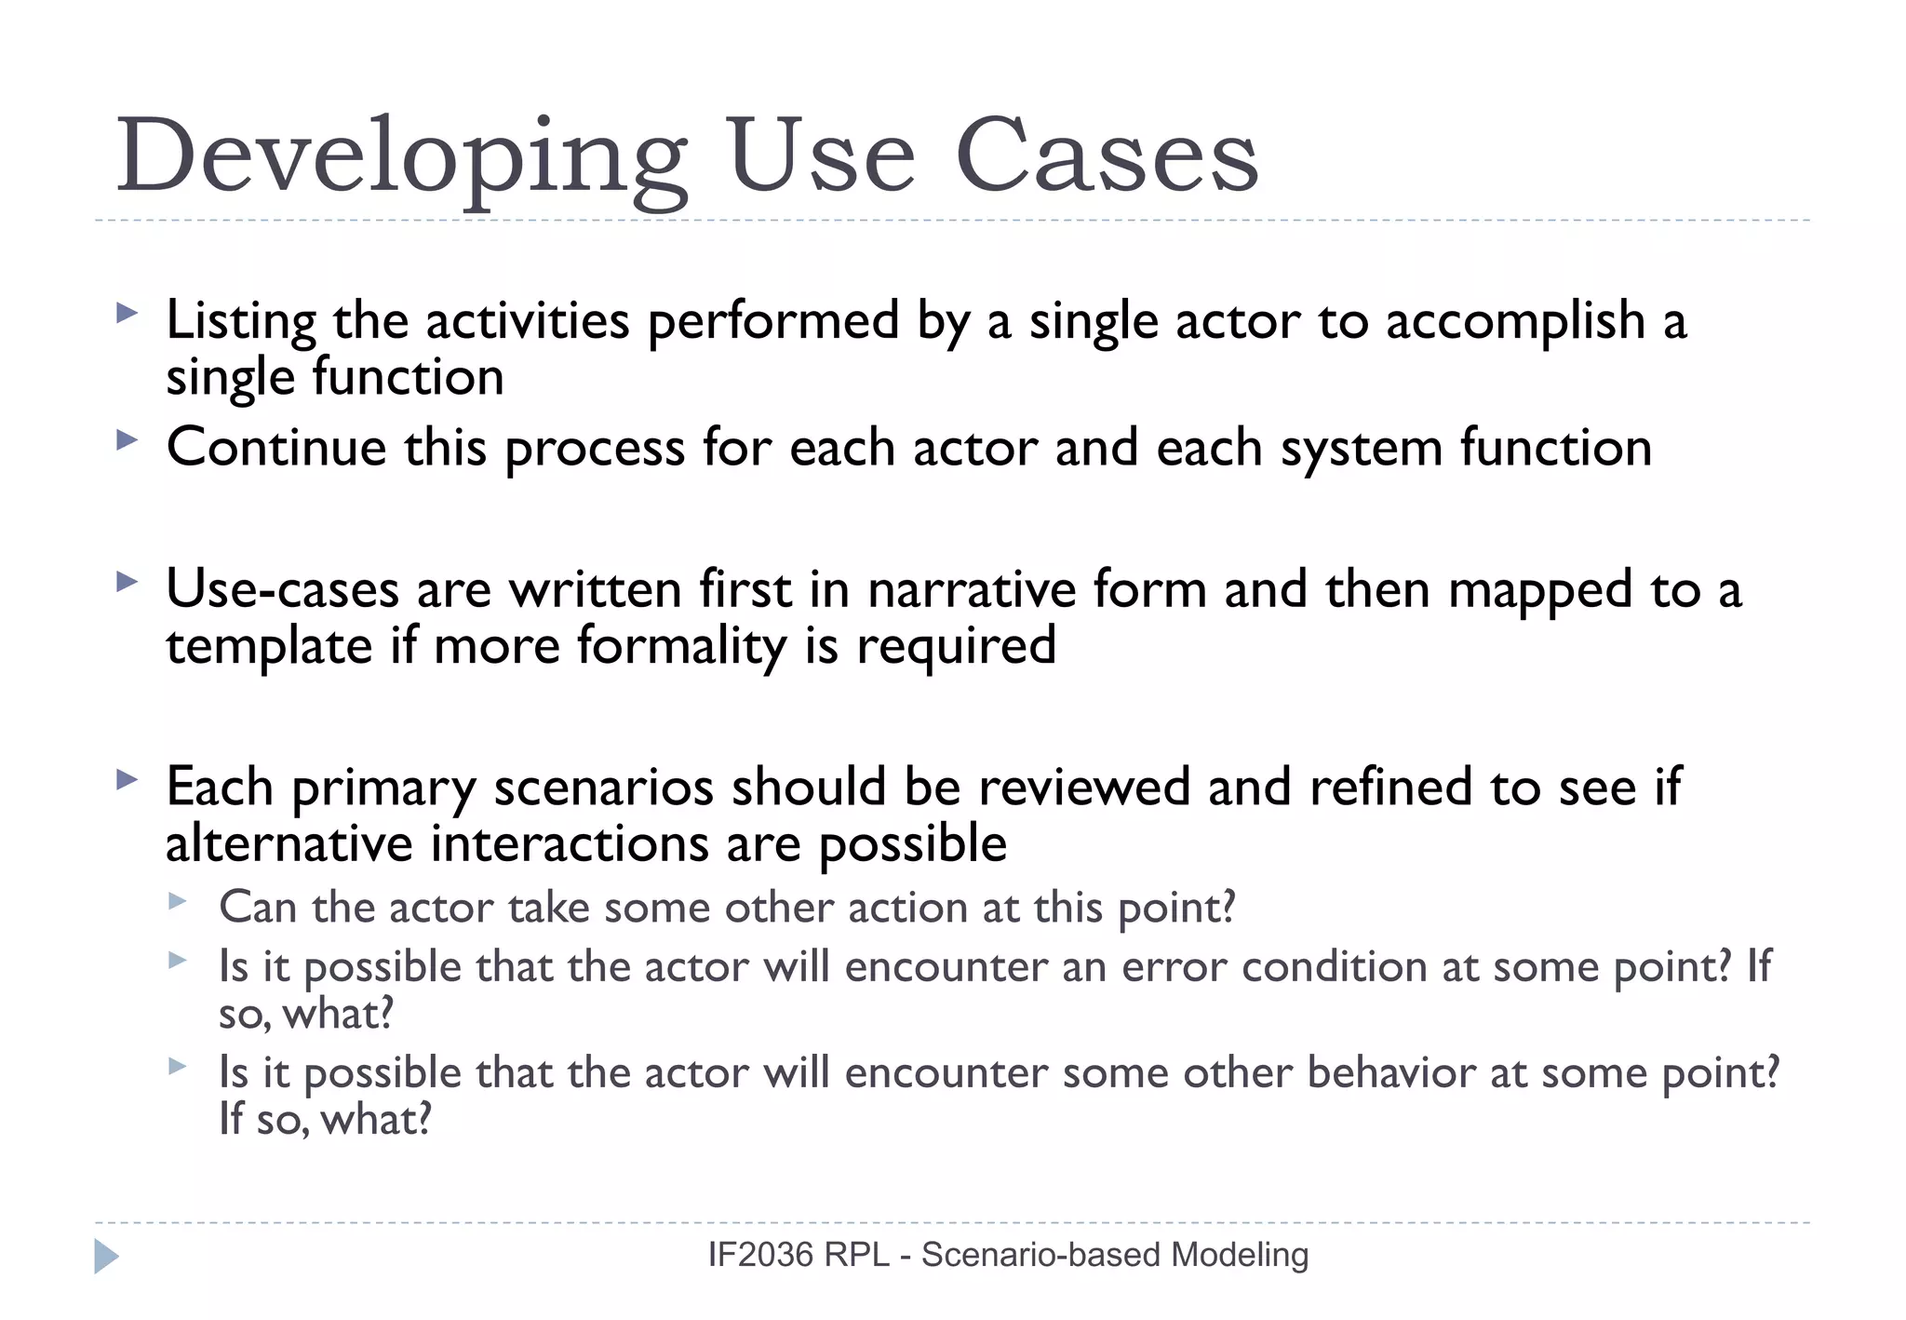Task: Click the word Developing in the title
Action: coord(400,156)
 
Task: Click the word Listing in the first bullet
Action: coord(241,321)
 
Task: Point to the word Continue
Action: coord(276,447)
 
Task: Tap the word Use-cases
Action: coord(282,589)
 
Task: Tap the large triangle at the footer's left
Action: coord(106,1256)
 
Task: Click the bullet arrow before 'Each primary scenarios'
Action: coord(127,780)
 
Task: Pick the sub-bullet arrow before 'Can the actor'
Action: coord(178,901)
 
